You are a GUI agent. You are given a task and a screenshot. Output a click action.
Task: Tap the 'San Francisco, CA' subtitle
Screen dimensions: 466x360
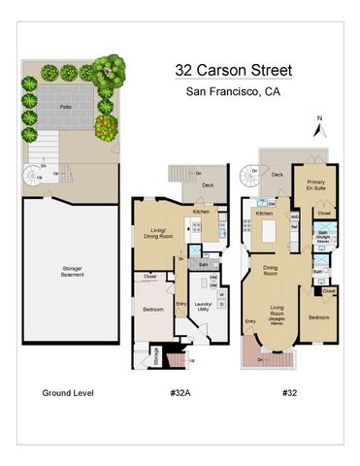[231, 92]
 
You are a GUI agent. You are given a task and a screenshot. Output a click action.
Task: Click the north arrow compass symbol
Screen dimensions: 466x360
[319, 126]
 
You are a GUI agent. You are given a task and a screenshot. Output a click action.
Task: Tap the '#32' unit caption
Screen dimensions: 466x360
[288, 393]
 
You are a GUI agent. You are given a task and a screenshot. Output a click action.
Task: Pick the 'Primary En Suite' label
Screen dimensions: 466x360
[316, 185]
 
